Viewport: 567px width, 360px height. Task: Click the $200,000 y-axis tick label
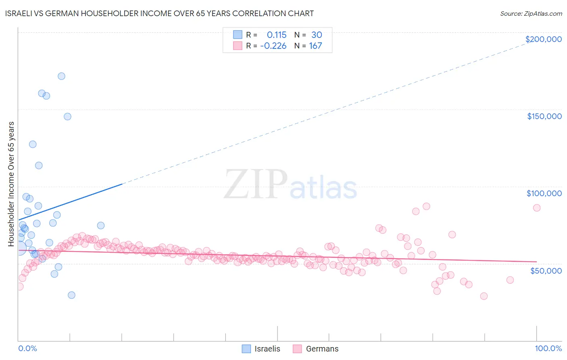pos(543,39)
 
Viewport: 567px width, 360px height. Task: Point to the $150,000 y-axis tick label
pos(544,116)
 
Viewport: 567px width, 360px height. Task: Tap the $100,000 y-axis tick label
pos(544,193)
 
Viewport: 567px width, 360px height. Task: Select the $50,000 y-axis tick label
pos(546,270)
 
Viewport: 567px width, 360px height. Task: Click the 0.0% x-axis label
pos(27,348)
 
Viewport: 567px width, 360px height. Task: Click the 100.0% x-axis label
pos(548,348)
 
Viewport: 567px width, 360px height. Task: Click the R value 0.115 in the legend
pos(276,35)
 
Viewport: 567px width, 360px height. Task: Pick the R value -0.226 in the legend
pos(273,46)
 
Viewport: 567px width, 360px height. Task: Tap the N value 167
pos(315,46)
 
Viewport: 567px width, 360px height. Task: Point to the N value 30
pos(317,35)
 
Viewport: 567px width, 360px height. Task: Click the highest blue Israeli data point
pos(61,76)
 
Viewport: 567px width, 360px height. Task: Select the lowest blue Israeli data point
pos(71,295)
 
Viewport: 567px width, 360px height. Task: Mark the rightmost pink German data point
pos(537,208)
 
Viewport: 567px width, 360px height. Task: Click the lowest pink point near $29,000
pos(484,296)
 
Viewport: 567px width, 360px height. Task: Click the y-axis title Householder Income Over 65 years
pos(11,184)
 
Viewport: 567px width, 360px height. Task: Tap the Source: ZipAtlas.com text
pos(531,14)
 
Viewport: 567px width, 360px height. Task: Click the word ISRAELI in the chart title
pos(19,14)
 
